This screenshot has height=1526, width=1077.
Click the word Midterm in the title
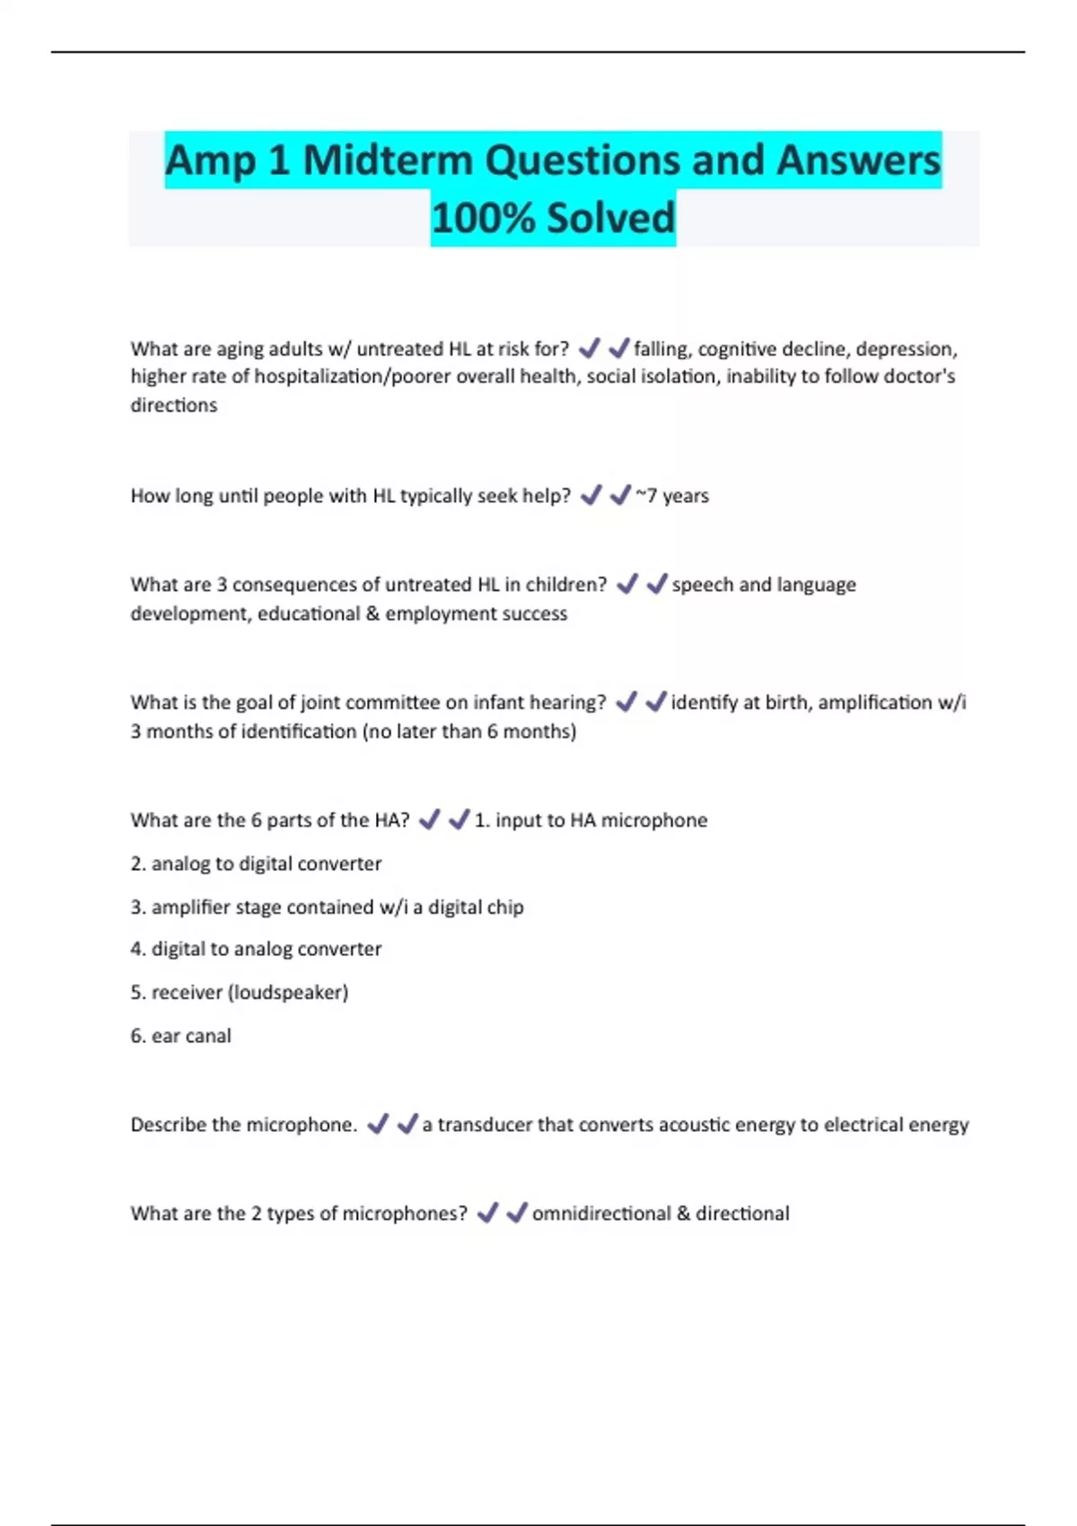click(x=387, y=161)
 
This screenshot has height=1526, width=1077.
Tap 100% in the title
click(x=483, y=218)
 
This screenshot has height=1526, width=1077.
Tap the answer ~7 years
click(x=672, y=496)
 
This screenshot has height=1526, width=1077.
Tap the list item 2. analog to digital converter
click(x=256, y=864)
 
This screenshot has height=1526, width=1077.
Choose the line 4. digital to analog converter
click(x=256, y=949)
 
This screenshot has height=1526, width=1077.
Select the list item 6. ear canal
click(x=180, y=1036)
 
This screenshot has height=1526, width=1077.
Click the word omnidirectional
click(x=601, y=1214)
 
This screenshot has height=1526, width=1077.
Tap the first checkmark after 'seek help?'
click(x=591, y=496)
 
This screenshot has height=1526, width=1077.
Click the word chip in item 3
click(x=504, y=908)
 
